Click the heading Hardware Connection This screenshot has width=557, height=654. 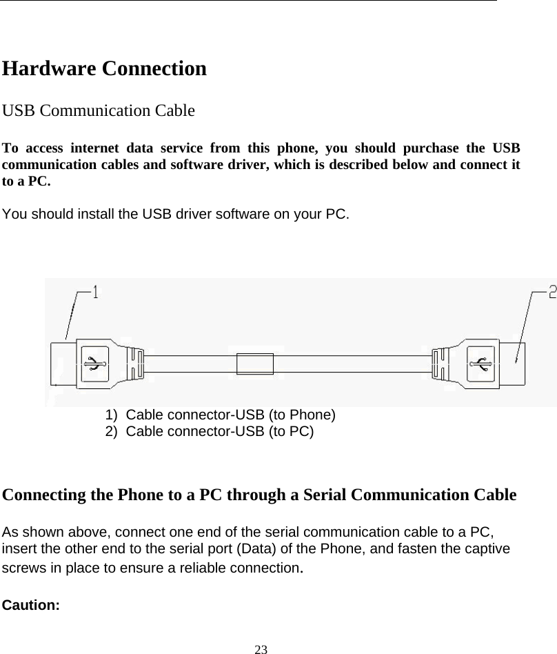pyautogui.click(x=105, y=69)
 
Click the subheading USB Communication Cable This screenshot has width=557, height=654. pyautogui.click(x=99, y=110)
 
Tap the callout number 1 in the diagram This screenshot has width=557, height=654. pyautogui.click(x=95, y=293)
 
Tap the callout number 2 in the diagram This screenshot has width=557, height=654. pyautogui.click(x=552, y=293)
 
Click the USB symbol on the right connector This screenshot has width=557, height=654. pyautogui.click(x=480, y=362)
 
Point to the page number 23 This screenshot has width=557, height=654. pyautogui.click(x=260, y=648)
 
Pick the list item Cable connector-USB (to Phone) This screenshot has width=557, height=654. pyautogui.click(x=221, y=415)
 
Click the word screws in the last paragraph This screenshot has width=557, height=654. pyautogui.click(x=23, y=568)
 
